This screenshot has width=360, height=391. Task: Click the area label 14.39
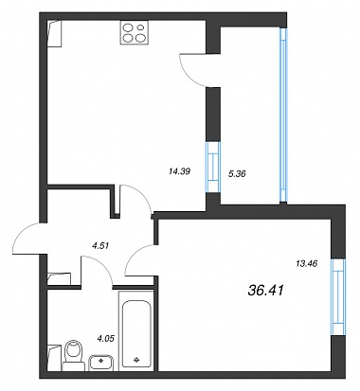[180, 171]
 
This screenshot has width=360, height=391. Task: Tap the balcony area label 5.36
[237, 173]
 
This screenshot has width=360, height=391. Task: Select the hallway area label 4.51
[100, 245]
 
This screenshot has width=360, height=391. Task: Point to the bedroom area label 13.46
[307, 263]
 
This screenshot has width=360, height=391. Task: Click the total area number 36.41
[266, 290]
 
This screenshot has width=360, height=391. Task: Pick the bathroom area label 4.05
[105, 339]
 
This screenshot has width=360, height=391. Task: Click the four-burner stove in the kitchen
[134, 32]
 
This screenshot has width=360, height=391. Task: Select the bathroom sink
[101, 363]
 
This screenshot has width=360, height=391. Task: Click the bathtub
[136, 330]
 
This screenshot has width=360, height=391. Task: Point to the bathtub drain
[136, 360]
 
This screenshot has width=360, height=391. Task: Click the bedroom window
[338, 297]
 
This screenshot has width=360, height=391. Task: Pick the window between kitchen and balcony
[213, 167]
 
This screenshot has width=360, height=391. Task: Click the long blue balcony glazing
[283, 115]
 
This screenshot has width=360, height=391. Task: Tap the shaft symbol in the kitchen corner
[54, 34]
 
